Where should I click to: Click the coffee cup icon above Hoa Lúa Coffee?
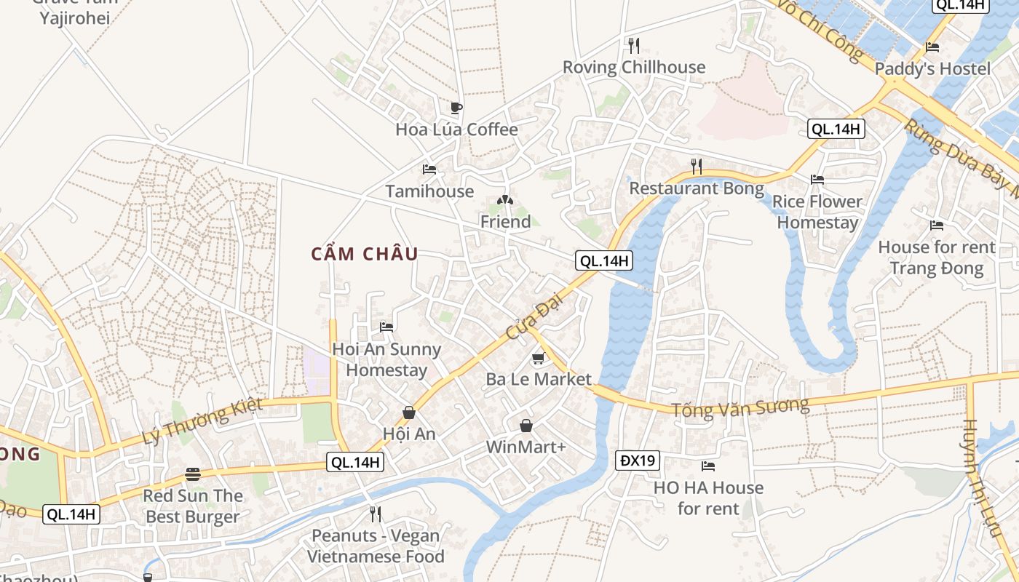click(456, 108)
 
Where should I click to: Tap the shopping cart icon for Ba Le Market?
click(538, 358)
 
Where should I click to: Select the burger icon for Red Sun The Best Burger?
click(193, 474)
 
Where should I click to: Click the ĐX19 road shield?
click(638, 461)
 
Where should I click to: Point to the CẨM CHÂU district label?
click(365, 254)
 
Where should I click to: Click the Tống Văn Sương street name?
click(740, 407)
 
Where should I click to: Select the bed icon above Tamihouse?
click(429, 170)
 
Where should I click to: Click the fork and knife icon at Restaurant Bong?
click(697, 167)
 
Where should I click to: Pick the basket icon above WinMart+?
click(526, 426)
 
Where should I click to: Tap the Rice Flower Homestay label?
click(817, 212)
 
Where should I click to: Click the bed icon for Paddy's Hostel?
click(932, 47)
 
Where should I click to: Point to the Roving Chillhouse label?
click(634, 68)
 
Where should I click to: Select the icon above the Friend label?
click(505, 199)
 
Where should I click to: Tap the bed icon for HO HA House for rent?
click(708, 466)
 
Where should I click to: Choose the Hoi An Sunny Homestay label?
click(386, 359)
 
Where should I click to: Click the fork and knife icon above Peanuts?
click(375, 514)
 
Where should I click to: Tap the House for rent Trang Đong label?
click(936, 258)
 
